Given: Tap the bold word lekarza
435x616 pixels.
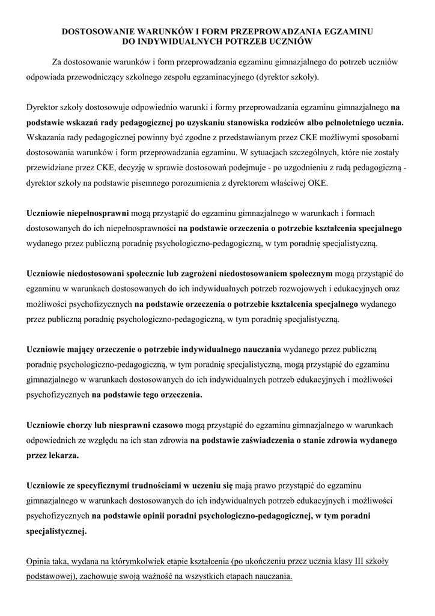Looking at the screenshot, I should click(63, 455).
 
